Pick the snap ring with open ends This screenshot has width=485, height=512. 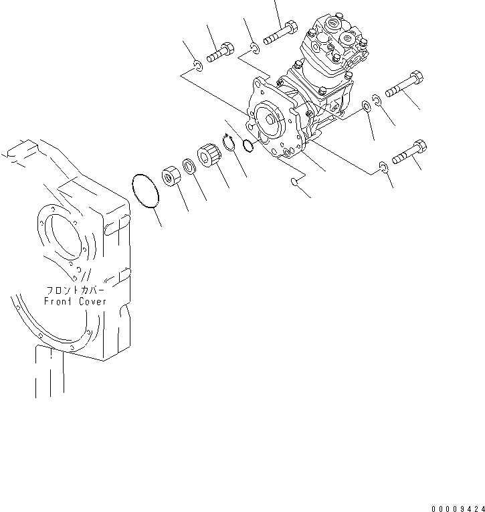229,143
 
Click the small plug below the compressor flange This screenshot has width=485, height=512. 294,183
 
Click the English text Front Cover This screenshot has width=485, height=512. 75,301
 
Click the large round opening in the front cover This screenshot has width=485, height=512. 64,238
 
